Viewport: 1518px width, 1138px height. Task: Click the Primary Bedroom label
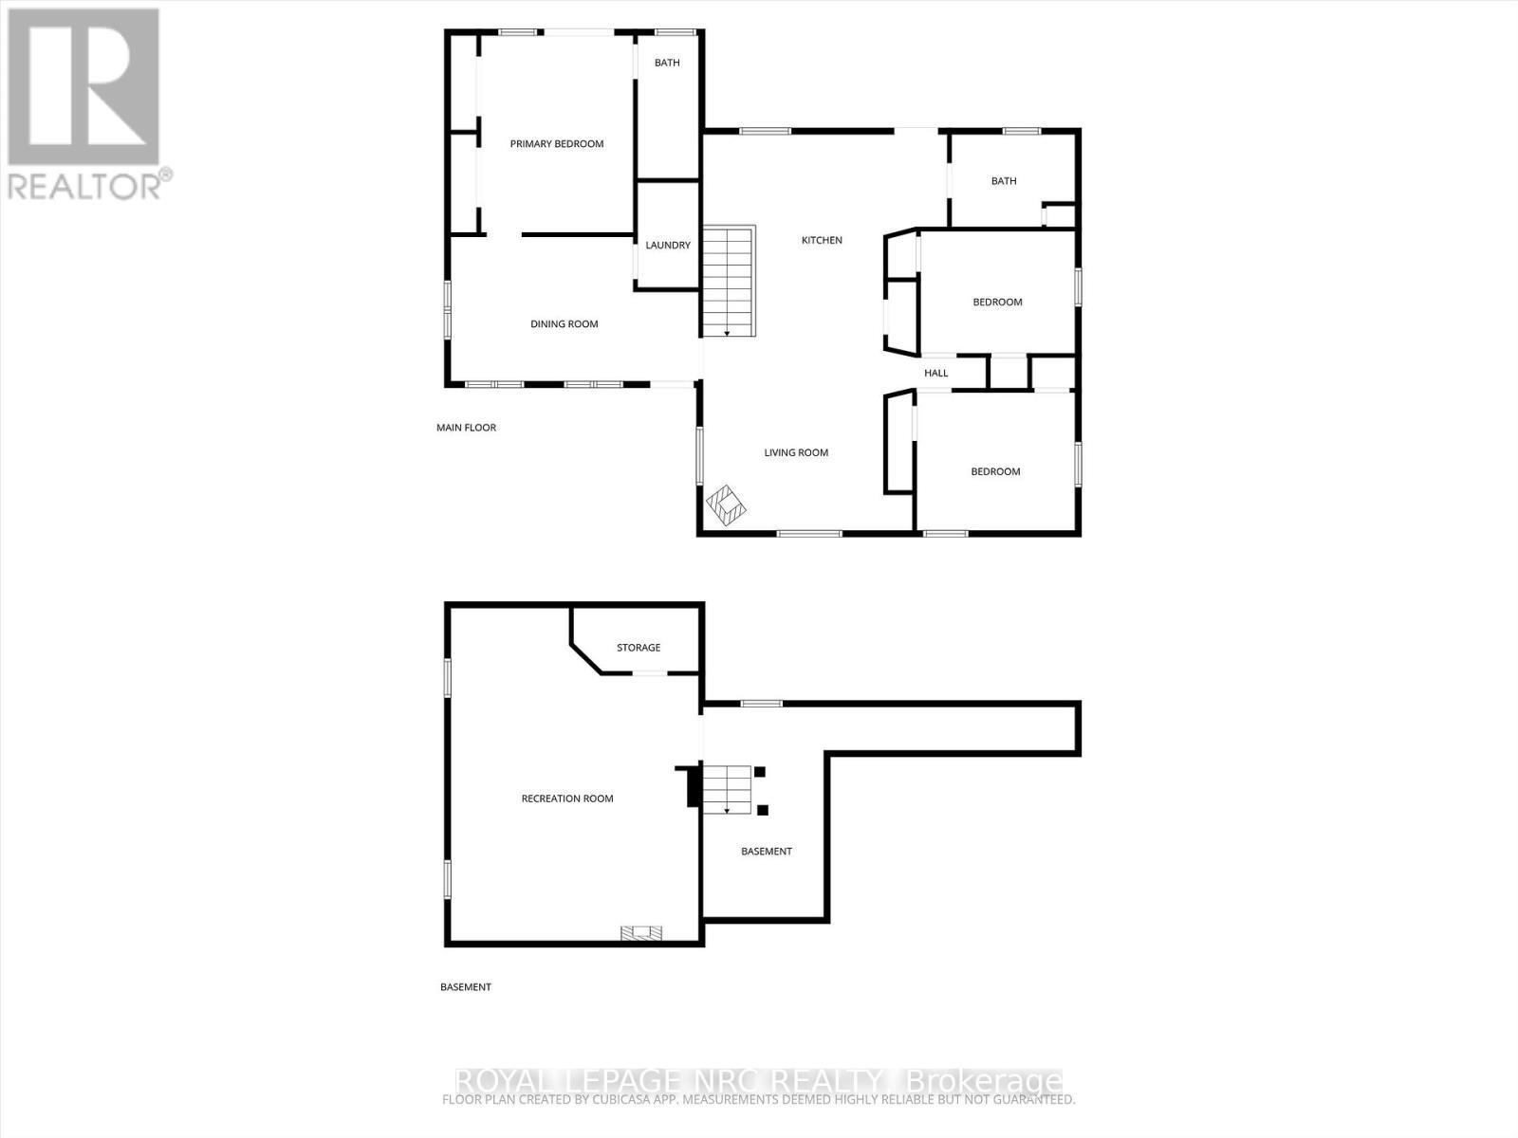(x=557, y=144)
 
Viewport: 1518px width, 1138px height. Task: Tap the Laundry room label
(x=668, y=245)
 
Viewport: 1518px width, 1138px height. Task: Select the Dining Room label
(x=564, y=324)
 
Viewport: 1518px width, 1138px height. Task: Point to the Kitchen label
(x=822, y=241)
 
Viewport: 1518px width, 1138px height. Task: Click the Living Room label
(x=796, y=453)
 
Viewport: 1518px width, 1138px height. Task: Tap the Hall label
(x=936, y=374)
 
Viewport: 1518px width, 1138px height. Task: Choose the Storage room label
(x=639, y=648)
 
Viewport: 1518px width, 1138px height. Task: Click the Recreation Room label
(x=567, y=798)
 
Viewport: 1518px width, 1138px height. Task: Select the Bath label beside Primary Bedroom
(x=667, y=64)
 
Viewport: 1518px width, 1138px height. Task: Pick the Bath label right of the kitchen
(x=1004, y=181)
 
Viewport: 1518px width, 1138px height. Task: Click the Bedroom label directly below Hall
(x=995, y=472)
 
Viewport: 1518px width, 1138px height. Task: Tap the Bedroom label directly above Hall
(x=997, y=303)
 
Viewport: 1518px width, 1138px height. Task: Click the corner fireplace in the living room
(x=726, y=505)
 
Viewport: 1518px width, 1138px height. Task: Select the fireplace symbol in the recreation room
(x=641, y=933)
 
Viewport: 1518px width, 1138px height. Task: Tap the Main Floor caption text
(x=466, y=428)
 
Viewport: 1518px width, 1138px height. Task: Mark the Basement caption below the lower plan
(x=465, y=987)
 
